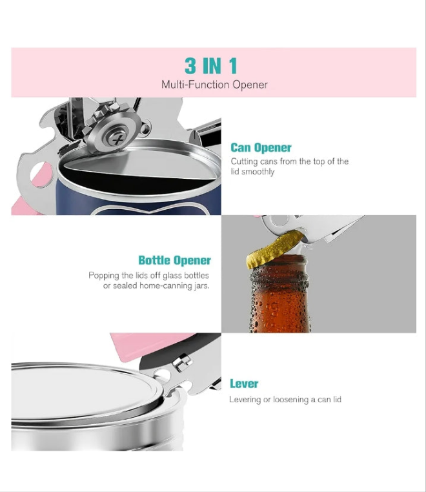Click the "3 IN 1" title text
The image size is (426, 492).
pyautogui.click(x=210, y=66)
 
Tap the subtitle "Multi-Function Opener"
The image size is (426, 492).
pyautogui.click(x=214, y=85)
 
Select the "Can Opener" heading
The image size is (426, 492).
pyautogui.click(x=261, y=147)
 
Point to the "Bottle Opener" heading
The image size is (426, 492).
pyautogui.click(x=175, y=260)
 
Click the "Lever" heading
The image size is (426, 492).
pyautogui.click(x=244, y=384)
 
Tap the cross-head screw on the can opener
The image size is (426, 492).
pyautogui.click(x=117, y=138)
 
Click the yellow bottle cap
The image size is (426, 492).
pyautogui.click(x=274, y=249)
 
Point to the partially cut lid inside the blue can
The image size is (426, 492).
pyautogui.click(x=138, y=165)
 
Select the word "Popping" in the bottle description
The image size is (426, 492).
pyautogui.click(x=103, y=276)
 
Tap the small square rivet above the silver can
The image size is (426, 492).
pyautogui.click(x=182, y=362)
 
